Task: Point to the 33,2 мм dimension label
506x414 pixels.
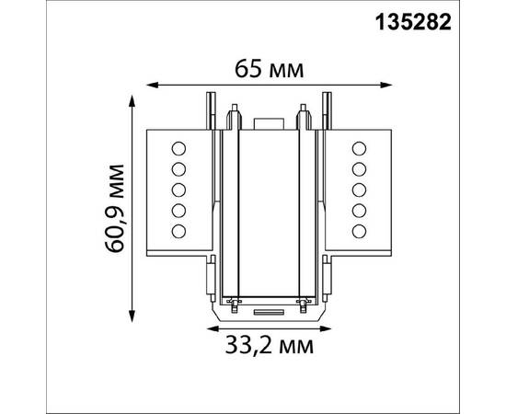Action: coord(268,346)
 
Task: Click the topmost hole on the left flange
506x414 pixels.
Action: coord(179,148)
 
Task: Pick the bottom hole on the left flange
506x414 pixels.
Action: coord(179,229)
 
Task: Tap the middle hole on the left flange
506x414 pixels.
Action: coord(179,189)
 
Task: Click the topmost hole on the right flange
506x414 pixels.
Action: coord(358,148)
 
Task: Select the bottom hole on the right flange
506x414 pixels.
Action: coord(358,229)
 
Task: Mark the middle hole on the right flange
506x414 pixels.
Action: coord(358,189)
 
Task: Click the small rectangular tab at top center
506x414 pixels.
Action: coord(268,121)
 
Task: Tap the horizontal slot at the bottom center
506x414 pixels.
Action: coord(268,313)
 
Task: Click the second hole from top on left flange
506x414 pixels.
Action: coord(179,168)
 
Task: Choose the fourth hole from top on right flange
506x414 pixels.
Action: coord(358,209)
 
